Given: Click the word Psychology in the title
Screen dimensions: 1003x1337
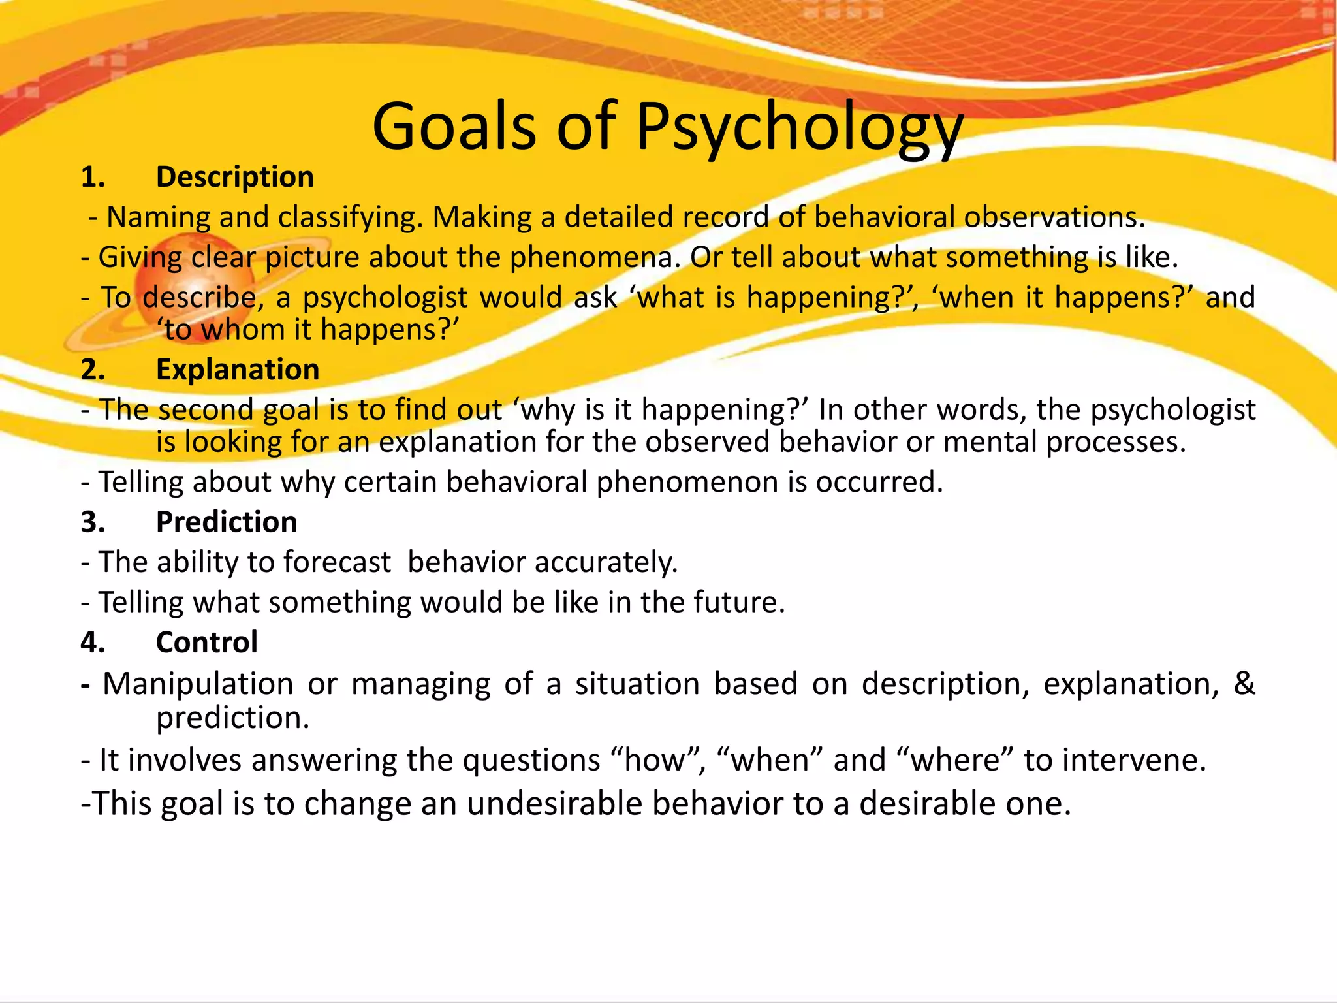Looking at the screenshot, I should point(799,127).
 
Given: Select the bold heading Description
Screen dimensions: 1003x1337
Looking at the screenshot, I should point(235,177).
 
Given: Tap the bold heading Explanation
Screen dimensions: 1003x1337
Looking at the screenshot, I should point(238,370).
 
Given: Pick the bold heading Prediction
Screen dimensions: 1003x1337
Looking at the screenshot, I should point(227,522).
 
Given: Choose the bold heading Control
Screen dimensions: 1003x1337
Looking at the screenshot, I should point(207,643).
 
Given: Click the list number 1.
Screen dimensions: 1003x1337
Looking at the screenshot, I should point(92,177).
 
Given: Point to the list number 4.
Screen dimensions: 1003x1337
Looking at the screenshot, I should point(93,643).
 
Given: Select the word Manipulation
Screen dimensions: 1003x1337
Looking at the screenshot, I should point(198,684).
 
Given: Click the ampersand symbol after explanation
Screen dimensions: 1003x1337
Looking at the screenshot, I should point(1244,683).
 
